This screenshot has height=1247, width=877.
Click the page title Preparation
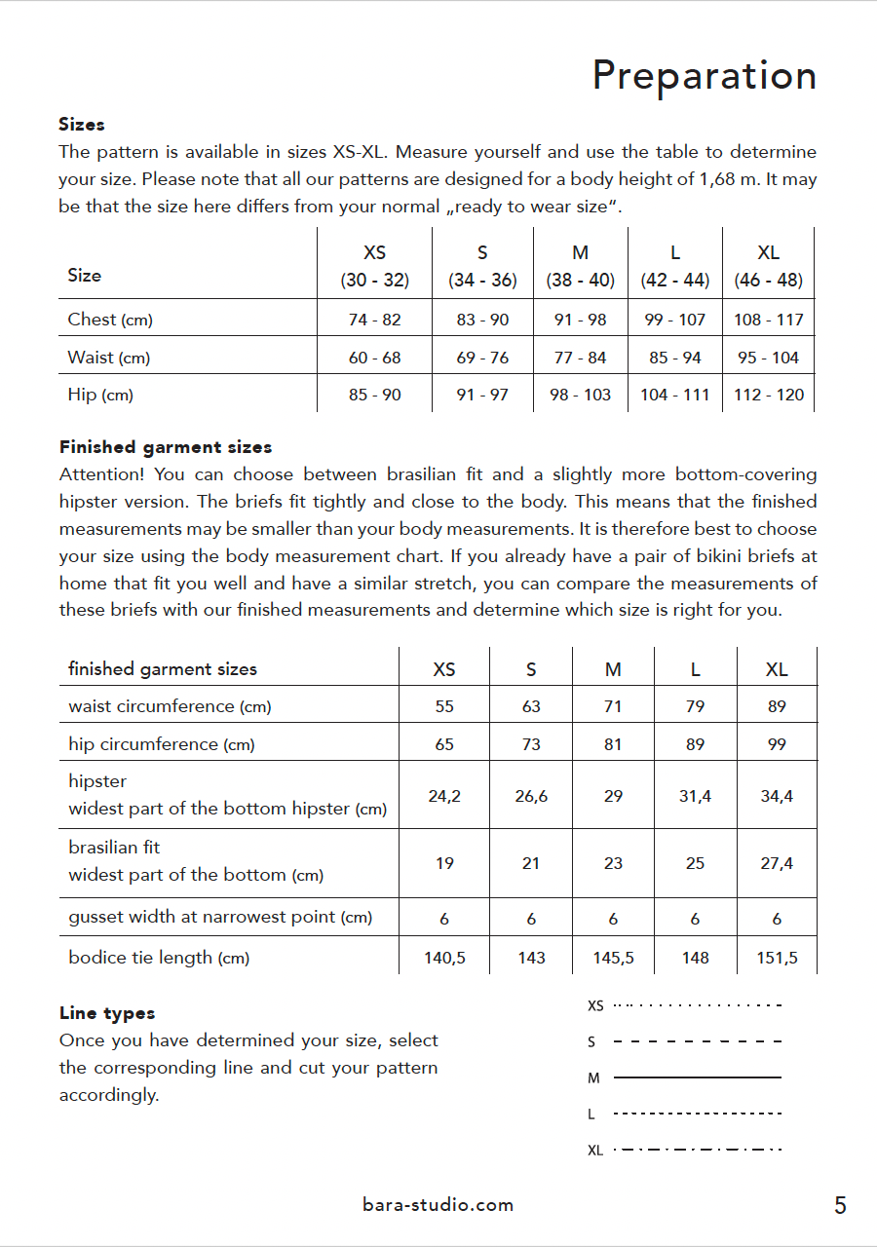point(704,76)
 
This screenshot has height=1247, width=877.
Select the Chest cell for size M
point(580,320)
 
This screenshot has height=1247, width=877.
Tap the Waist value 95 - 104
point(768,358)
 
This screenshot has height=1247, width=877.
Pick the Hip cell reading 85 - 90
point(374,395)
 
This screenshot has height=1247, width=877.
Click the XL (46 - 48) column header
point(768,266)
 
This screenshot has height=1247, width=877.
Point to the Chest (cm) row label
point(110,320)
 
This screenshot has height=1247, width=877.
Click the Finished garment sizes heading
point(166,447)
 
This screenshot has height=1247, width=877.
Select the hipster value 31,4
point(695,796)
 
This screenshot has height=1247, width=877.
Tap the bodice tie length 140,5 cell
point(444,958)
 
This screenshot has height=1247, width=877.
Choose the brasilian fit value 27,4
point(777,863)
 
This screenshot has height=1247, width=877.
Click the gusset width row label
point(220,917)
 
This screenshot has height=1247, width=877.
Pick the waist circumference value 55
point(444,706)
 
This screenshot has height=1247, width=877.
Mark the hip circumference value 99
point(777,744)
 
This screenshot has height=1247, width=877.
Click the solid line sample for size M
point(698,1077)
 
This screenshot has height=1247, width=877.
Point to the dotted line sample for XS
point(698,1004)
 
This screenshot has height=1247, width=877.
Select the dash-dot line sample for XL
point(698,1150)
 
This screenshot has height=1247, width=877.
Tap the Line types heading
point(107,1013)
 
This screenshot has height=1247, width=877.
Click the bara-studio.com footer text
point(438,1205)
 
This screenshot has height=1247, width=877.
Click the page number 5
point(840,1206)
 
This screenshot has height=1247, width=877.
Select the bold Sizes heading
point(82,125)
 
